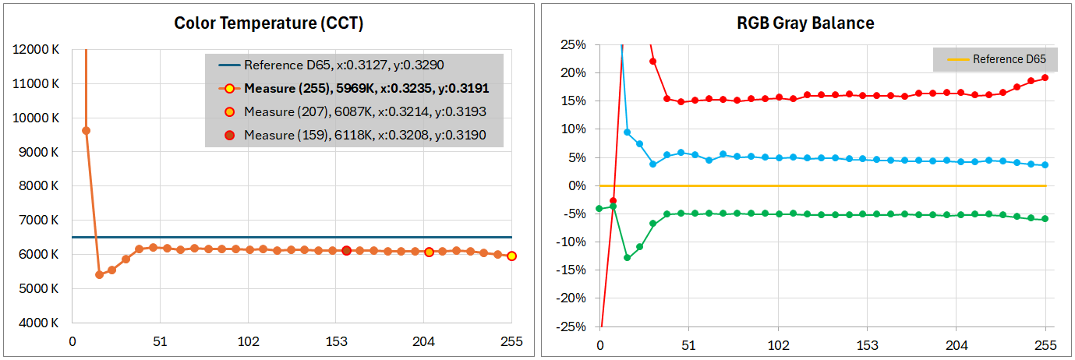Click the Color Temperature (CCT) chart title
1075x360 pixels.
click(x=268, y=23)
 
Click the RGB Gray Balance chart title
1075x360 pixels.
click(x=805, y=23)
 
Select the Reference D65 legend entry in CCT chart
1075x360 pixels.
click(x=344, y=65)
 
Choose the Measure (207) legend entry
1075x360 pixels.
click(x=365, y=111)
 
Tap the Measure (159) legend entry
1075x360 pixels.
click(x=365, y=135)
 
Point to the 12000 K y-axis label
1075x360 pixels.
click(x=36, y=50)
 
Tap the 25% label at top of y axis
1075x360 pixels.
click(x=573, y=44)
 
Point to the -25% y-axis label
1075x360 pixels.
click(x=571, y=326)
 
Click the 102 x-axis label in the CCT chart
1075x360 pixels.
click(x=248, y=341)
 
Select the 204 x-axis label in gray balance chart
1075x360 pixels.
click(x=957, y=345)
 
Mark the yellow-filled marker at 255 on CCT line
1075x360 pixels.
click(x=511, y=256)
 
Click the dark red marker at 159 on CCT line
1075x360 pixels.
click(x=346, y=250)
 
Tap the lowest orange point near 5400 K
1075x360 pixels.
click(x=99, y=274)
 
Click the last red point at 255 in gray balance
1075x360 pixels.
click(x=1045, y=78)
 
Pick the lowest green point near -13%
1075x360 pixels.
click(x=627, y=257)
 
